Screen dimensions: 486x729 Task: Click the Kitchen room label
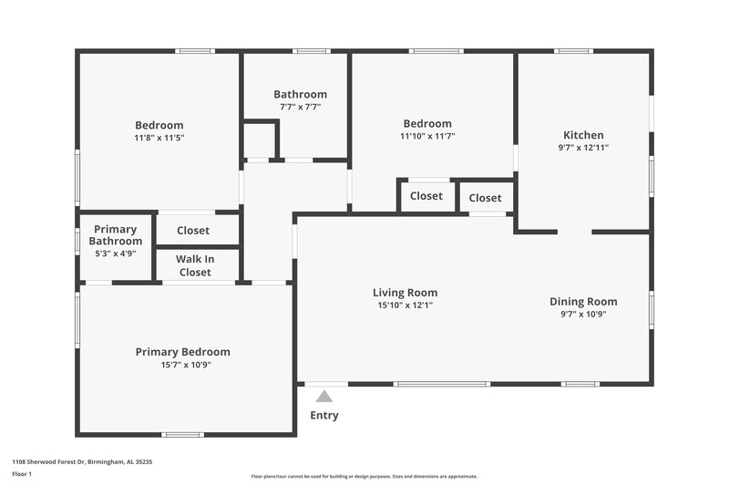pos(583,135)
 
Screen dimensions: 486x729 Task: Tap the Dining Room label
pos(583,302)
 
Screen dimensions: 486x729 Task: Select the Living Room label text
pos(405,293)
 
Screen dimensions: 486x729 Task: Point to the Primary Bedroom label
pos(182,352)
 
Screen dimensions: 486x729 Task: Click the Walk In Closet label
pos(195,265)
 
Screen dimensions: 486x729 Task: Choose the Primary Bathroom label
pos(115,235)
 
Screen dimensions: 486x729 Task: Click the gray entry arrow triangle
pos(323,396)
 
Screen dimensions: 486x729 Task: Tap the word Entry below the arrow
pos(323,416)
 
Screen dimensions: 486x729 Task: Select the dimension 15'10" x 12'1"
pos(405,305)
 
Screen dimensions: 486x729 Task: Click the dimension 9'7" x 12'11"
pos(583,148)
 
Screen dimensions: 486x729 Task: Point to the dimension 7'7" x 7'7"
pos(300,107)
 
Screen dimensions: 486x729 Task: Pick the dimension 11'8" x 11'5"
pos(159,138)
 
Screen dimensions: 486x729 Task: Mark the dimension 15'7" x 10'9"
pos(182,365)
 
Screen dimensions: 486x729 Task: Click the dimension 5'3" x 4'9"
pos(115,253)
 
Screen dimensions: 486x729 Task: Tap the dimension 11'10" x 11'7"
pos(427,136)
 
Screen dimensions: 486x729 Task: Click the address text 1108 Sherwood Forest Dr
pos(82,462)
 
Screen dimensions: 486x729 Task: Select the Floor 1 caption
pos(22,475)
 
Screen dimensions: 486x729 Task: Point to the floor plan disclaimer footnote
pos(364,476)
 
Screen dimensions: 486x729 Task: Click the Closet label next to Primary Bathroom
pos(192,231)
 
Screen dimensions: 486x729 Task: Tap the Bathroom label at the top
pos(300,94)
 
